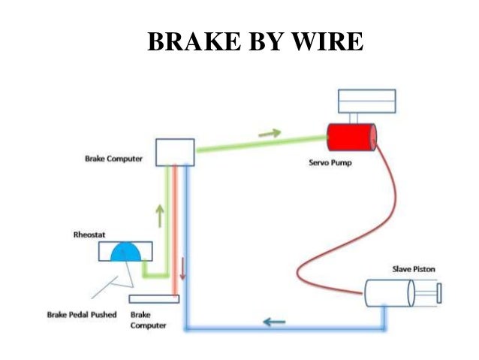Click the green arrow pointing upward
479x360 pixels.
pos(160,216)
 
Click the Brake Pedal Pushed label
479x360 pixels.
pos(85,314)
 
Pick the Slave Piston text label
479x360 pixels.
pos(413,269)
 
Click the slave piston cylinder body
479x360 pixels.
pos(388,292)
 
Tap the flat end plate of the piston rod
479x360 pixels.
pos(438,292)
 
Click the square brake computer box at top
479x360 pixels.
pos(174,152)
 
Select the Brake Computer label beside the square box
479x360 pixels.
pos(113,159)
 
